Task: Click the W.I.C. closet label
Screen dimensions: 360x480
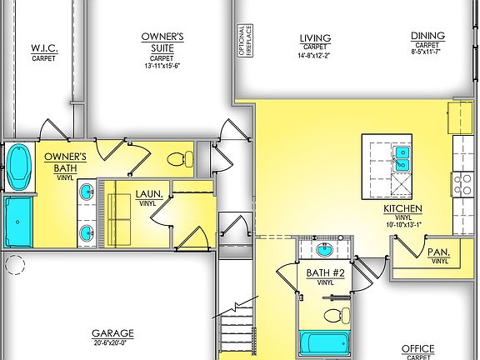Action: [43, 48]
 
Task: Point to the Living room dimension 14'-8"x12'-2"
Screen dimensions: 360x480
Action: [314, 57]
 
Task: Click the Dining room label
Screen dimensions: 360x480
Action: [427, 36]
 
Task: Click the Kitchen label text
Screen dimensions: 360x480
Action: [402, 208]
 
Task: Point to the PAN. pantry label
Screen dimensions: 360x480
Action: [439, 251]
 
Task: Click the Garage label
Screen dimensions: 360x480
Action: [112, 332]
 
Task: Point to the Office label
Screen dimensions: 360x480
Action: [417, 348]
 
